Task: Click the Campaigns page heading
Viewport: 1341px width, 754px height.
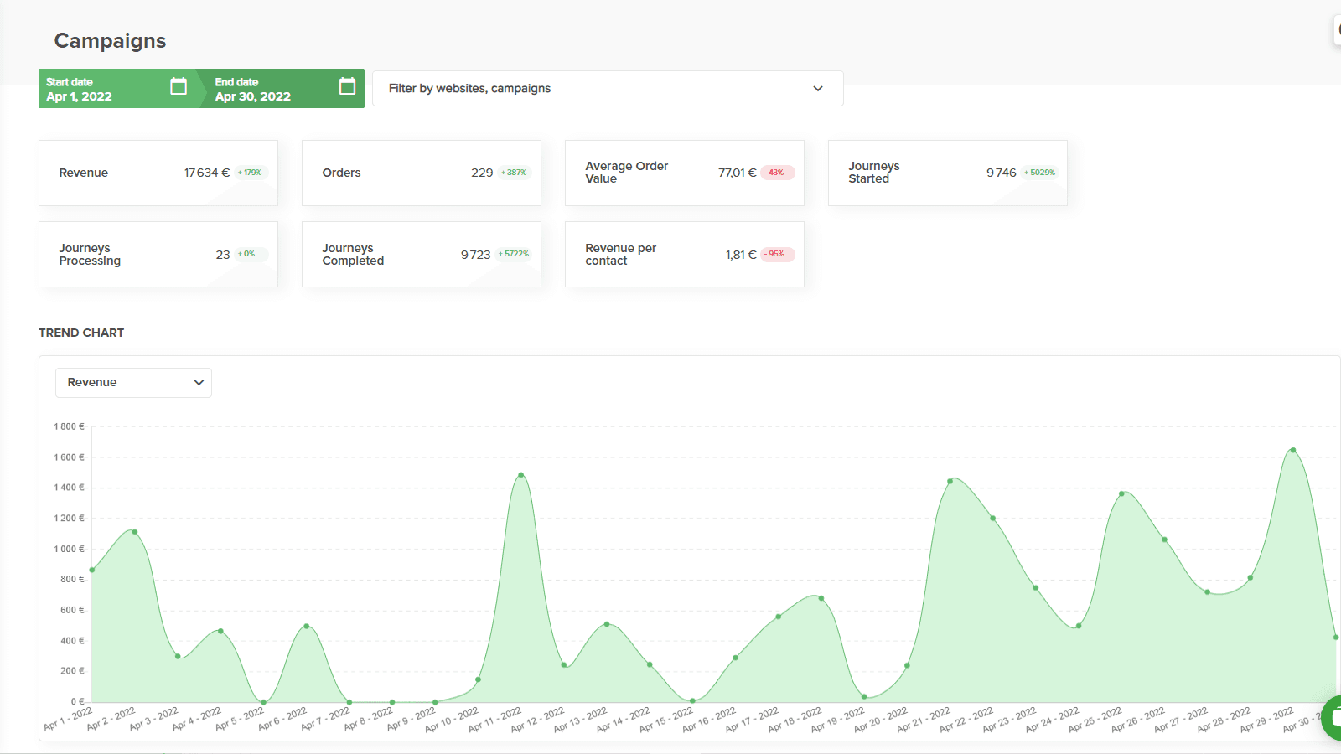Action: (x=110, y=41)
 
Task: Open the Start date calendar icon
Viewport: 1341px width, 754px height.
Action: (x=179, y=86)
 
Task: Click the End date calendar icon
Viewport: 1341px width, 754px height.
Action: (x=347, y=86)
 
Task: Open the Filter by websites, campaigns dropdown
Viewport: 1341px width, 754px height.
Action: (x=607, y=89)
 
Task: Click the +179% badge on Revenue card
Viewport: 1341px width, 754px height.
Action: (x=250, y=173)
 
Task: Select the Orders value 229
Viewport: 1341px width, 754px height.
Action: (x=482, y=173)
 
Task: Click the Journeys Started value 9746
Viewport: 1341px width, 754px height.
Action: (x=1001, y=173)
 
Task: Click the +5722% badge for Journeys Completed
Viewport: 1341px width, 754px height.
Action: (x=514, y=254)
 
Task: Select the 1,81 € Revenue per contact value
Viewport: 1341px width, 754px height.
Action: (x=740, y=255)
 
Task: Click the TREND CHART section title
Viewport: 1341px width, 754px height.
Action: (x=81, y=333)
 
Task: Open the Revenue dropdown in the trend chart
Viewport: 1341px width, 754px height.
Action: (x=133, y=383)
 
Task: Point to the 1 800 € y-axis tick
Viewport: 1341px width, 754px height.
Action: (x=70, y=426)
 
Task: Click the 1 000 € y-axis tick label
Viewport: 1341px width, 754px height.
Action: (x=70, y=549)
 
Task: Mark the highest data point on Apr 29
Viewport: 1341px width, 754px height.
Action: (x=1293, y=450)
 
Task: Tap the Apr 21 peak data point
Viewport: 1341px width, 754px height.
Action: (x=950, y=481)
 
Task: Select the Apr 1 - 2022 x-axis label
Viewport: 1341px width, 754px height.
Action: (x=68, y=719)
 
